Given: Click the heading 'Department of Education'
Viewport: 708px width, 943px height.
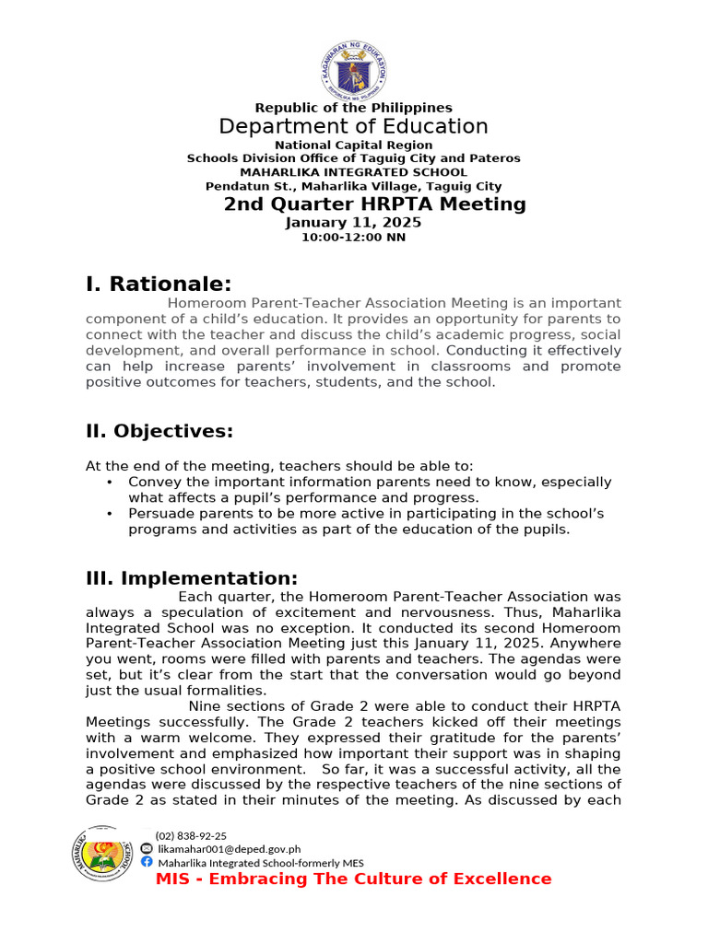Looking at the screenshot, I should coord(354,126).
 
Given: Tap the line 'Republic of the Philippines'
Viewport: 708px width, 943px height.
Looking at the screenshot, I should coord(354,108).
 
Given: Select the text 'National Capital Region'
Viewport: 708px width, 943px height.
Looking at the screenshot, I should coord(354,145).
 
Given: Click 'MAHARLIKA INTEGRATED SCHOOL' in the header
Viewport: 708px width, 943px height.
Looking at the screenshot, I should coord(354,172).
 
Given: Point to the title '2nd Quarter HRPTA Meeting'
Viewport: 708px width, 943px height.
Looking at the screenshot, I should coord(374,204).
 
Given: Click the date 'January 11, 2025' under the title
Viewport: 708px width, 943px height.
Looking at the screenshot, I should coord(354,223).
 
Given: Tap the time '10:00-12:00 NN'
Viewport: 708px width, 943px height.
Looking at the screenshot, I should coord(354,238).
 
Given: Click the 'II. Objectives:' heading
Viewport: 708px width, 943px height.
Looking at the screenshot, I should coord(159,431).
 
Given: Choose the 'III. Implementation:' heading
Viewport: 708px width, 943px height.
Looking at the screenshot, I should coord(192,578).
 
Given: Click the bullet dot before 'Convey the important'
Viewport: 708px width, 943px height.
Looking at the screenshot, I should coord(110,483).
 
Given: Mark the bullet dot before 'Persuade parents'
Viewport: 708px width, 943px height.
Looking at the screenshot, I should coord(110,514).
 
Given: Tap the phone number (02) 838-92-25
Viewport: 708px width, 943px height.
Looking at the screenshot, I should coord(191,835).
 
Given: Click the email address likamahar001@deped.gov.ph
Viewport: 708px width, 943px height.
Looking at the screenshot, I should coord(229,849).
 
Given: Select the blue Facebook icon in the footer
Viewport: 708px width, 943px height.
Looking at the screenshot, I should coord(147,862).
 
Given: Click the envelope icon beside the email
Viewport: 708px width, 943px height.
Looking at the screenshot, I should coord(147,849).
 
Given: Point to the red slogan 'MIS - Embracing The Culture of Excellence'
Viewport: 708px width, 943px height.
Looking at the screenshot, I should coord(353,879).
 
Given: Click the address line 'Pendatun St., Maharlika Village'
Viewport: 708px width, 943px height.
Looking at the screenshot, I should coord(354,186).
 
